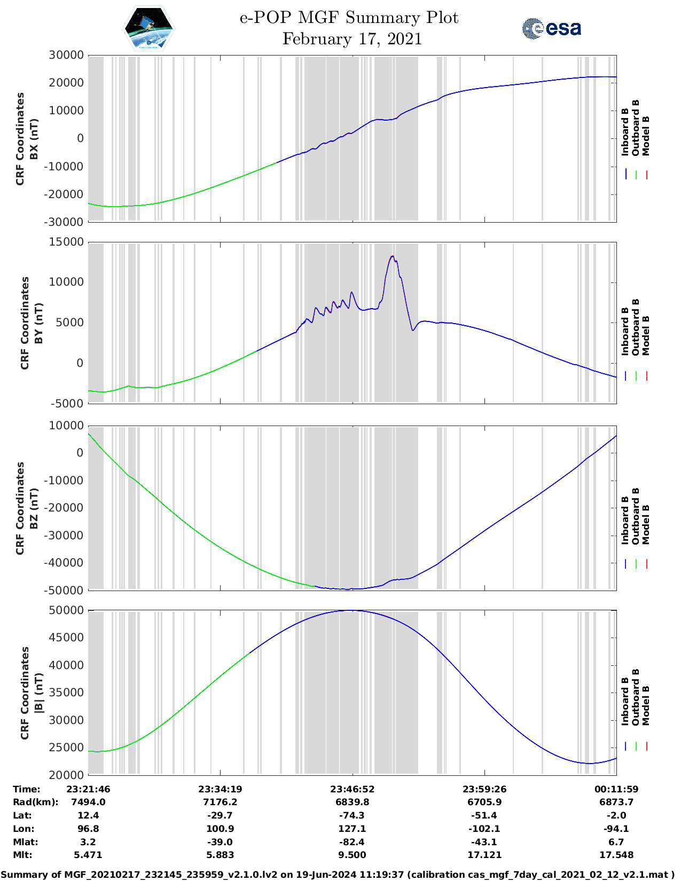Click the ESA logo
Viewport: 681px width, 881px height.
click(x=551, y=28)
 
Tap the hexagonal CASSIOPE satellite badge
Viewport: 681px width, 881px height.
click(x=148, y=29)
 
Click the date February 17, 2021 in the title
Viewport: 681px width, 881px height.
click(x=352, y=39)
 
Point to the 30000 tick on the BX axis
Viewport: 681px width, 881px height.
click(x=66, y=55)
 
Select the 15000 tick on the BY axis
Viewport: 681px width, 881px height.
click(x=66, y=242)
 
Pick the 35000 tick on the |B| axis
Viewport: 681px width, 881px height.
click(x=66, y=693)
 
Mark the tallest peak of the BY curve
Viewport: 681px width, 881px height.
click(x=393, y=256)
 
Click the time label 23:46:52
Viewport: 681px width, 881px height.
click(x=352, y=789)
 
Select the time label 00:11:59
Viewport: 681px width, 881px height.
click(x=616, y=789)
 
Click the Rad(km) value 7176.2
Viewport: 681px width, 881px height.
click(x=220, y=802)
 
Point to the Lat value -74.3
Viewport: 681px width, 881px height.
click(x=352, y=815)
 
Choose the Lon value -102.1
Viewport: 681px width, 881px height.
click(x=484, y=829)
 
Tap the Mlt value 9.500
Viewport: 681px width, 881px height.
click(x=352, y=855)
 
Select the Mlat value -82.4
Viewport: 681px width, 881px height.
click(x=352, y=842)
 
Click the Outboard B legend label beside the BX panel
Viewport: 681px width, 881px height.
click(x=636, y=128)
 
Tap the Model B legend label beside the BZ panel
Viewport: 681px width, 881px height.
click(x=646, y=524)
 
